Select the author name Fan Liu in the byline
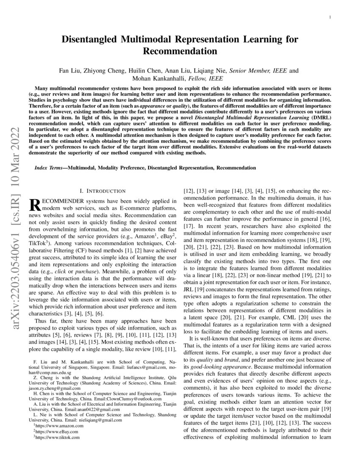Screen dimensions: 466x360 [70, 71]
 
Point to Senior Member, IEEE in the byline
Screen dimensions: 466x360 [259, 71]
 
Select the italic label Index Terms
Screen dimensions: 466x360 [50, 168]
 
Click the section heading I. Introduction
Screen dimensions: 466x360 [102, 191]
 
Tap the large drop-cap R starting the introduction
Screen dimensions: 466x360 [34, 204]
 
